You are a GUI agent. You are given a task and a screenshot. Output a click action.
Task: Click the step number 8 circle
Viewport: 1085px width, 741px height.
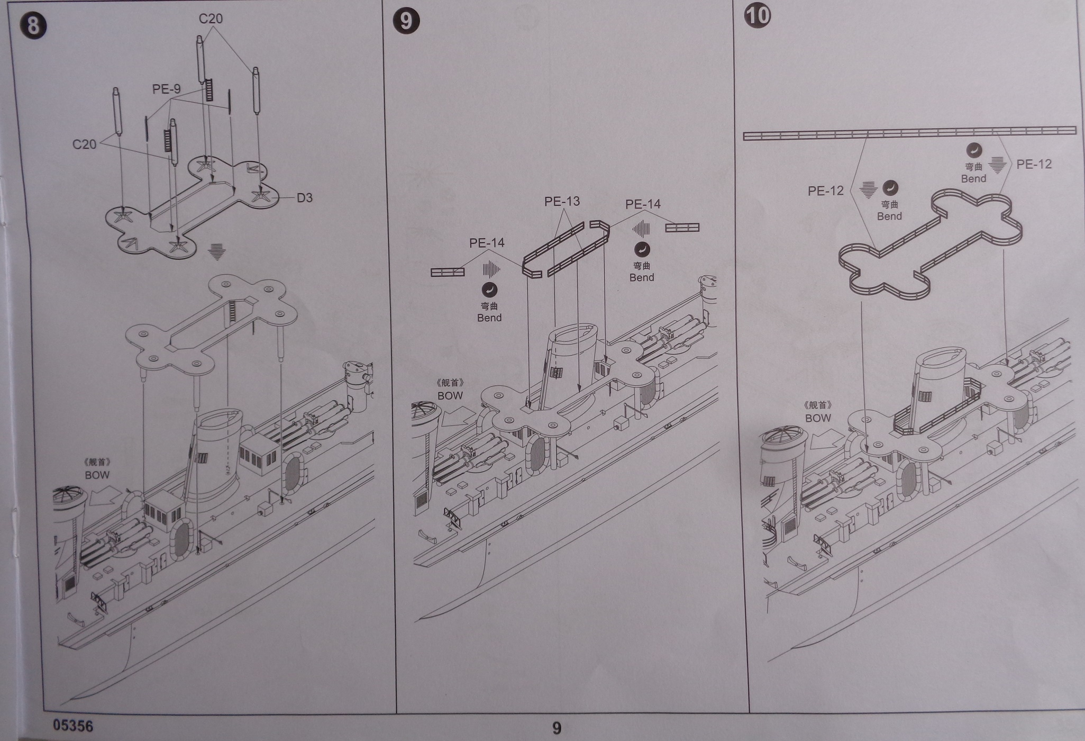point(33,25)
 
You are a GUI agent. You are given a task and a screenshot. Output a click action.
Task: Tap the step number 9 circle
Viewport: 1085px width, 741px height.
point(406,21)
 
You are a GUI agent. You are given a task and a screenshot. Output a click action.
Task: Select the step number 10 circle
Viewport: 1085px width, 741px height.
point(758,15)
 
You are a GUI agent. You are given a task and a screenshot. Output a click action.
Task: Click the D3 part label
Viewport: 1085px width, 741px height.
point(304,198)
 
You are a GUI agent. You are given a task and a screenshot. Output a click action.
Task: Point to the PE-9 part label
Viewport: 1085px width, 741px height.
point(166,89)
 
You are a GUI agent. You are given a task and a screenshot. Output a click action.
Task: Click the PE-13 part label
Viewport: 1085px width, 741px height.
point(562,201)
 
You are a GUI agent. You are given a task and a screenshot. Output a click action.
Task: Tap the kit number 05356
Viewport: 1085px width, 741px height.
point(73,725)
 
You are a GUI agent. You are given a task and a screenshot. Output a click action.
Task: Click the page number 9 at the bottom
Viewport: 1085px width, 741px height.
point(557,728)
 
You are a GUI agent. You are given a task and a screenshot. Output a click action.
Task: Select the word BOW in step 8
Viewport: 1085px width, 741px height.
point(97,475)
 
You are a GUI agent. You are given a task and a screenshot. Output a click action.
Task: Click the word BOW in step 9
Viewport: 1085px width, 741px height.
point(450,395)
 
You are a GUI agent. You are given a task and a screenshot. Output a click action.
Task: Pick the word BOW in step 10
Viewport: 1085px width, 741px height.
point(818,418)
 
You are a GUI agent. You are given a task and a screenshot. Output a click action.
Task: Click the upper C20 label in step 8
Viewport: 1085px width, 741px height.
point(211,19)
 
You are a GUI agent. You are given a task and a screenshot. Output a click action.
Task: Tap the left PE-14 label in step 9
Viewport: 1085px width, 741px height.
point(487,243)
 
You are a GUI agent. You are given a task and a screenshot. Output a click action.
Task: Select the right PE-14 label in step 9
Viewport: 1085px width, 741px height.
point(643,204)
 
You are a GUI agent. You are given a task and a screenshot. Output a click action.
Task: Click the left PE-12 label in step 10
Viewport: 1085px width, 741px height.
point(825,191)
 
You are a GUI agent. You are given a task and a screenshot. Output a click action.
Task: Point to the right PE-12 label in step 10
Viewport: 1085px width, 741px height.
point(1034,164)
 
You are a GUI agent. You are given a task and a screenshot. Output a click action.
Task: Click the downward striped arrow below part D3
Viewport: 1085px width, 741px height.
point(216,252)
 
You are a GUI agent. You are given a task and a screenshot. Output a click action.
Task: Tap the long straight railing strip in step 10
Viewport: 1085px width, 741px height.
point(909,133)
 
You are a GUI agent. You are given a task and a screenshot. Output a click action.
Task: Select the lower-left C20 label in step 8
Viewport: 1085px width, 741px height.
point(84,144)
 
